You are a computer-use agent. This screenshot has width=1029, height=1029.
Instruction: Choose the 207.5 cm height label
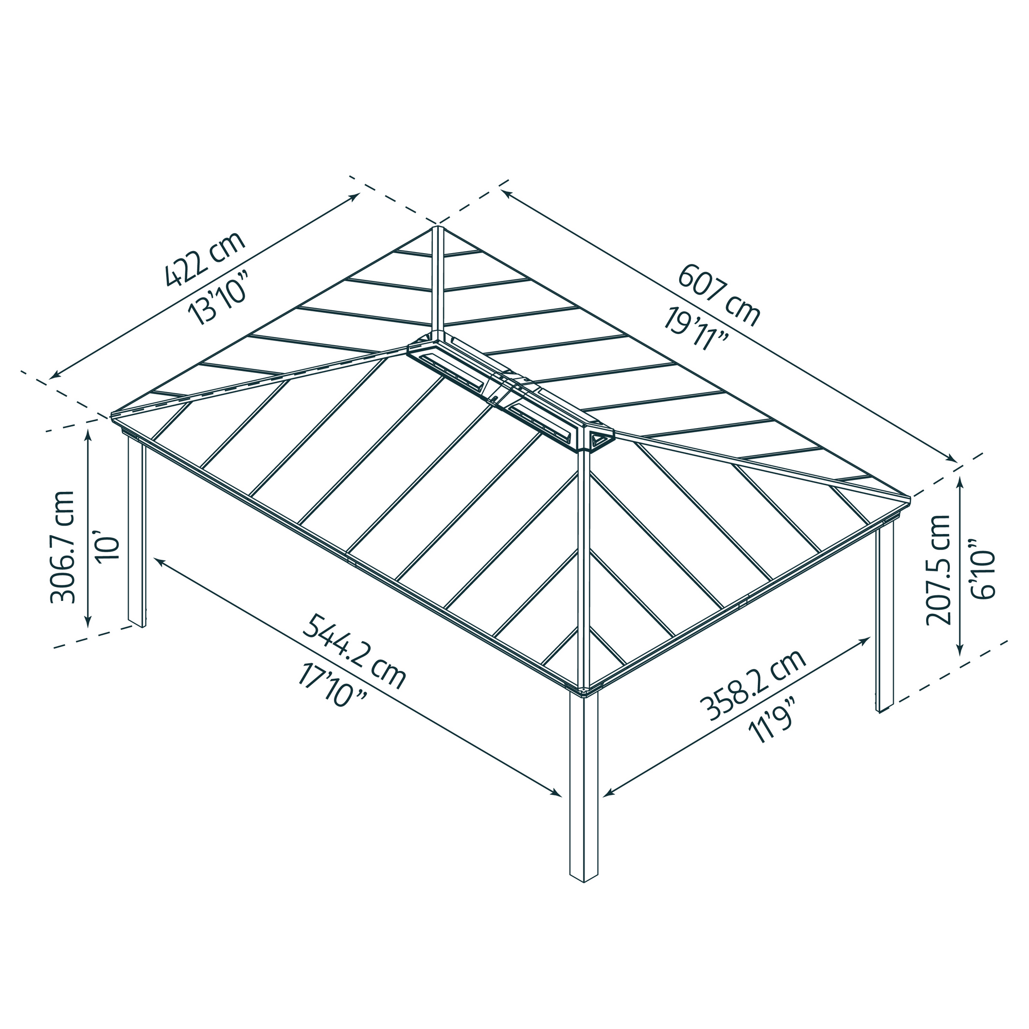pyautogui.click(x=938, y=577)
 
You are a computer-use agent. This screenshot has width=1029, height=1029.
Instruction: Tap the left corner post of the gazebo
pyautogui.click(x=136, y=533)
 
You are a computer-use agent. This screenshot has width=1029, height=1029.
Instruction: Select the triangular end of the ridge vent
pyautogui.click(x=599, y=440)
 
